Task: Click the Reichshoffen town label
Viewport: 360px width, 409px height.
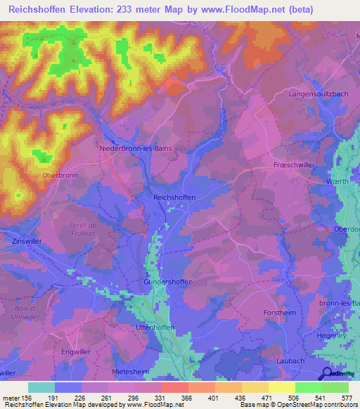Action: (174, 198)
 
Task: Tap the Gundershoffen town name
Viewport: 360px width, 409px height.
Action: (169, 282)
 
